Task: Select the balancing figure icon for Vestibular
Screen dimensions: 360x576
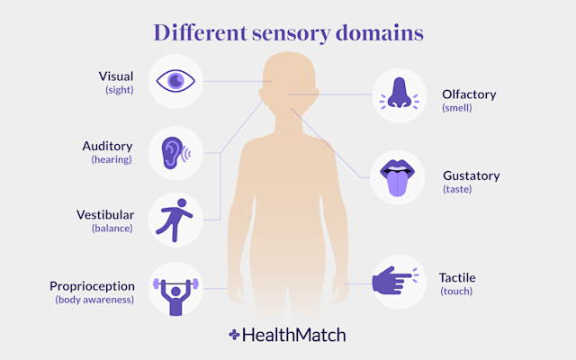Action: [x=174, y=219]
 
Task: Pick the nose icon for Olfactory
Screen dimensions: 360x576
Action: [x=397, y=94]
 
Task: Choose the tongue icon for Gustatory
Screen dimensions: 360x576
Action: [x=396, y=175]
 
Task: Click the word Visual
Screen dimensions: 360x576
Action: [x=116, y=76]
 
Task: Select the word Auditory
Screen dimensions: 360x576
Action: [x=108, y=146]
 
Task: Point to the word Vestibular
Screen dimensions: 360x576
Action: [x=104, y=214]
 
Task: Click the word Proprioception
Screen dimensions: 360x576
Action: [x=92, y=285]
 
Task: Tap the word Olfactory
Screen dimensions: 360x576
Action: [x=468, y=94]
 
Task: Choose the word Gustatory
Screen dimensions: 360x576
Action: [x=471, y=175]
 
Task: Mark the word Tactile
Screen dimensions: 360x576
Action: [x=457, y=277]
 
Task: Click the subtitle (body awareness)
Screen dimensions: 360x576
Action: [x=94, y=300]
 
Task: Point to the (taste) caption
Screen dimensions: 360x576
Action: [x=456, y=189]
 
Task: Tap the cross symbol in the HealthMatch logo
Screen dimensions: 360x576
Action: [x=235, y=335]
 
